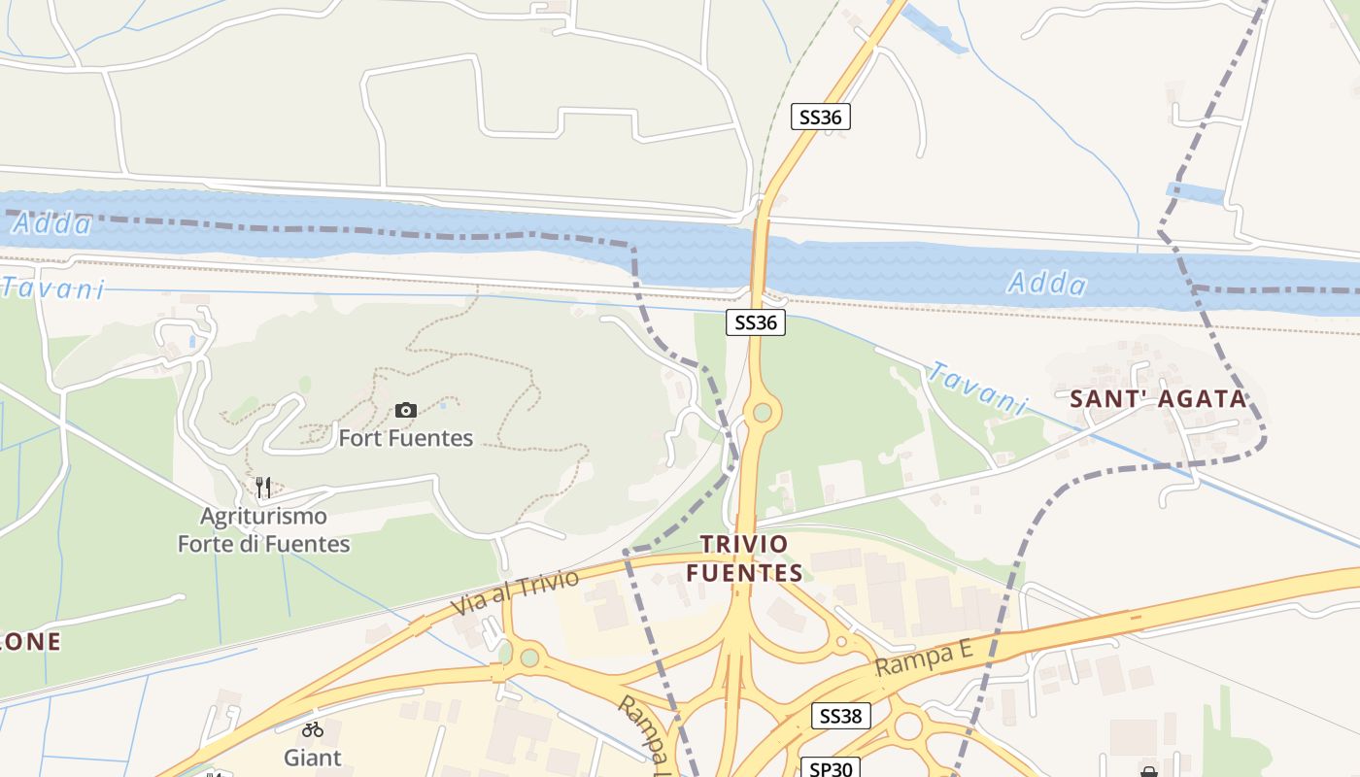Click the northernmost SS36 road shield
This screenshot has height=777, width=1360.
point(821,118)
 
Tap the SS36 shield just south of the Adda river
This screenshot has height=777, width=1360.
point(756,322)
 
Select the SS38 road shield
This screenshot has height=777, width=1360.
point(840,717)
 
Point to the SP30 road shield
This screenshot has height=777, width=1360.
point(831,768)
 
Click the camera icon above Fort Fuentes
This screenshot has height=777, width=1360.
point(406,411)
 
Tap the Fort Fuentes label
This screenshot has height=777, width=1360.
point(405,438)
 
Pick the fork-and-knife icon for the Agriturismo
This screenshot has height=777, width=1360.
point(263,487)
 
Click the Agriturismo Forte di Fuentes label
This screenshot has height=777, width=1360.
point(263,529)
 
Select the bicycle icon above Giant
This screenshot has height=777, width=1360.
point(312,729)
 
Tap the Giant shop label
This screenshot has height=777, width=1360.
point(312,757)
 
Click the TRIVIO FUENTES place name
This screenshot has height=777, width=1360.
point(745,558)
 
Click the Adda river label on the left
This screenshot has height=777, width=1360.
point(52,224)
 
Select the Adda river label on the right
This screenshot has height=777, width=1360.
point(1047,284)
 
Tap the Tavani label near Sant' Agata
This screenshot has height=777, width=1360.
point(977,388)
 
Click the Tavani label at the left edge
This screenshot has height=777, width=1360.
point(52,288)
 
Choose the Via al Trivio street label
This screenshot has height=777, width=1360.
point(515,592)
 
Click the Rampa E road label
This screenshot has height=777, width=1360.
point(924,659)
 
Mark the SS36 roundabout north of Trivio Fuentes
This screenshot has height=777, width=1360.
point(762,413)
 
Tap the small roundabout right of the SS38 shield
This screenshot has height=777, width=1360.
point(908,725)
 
